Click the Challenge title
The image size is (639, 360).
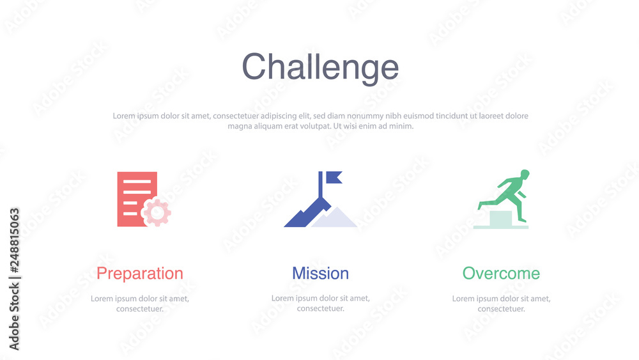coord(320,67)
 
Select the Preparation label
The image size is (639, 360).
coord(139,274)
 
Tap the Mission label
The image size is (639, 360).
coord(320,274)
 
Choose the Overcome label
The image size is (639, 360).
coord(501,274)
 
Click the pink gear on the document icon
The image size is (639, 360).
coord(157,212)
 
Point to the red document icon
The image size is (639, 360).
coord(134,192)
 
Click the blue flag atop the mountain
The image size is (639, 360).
coord(333,176)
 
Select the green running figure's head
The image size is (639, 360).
coord(525,174)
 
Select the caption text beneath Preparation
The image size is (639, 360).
coord(139,303)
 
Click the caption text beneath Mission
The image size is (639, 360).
coord(320,303)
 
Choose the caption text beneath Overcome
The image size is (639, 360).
coord(501,303)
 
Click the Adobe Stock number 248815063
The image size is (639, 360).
coord(14,244)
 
